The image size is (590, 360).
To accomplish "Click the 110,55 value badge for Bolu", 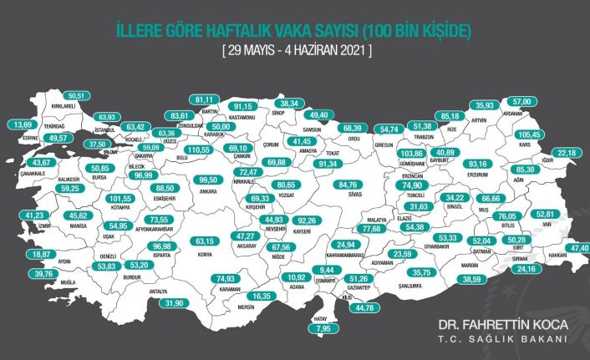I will (x=197, y=149).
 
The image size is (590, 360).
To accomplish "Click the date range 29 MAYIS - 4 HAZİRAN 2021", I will (x=296, y=51).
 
